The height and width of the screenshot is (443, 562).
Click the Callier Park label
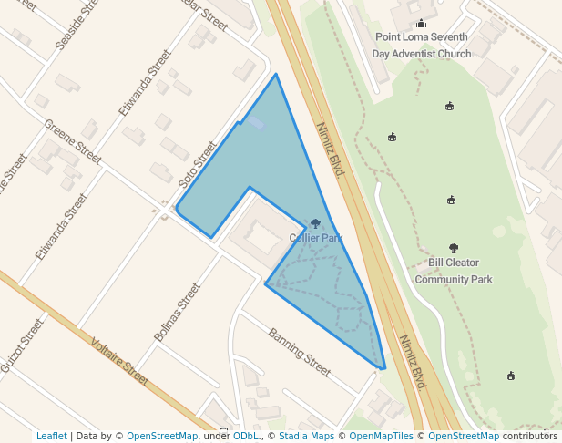[x=316, y=238]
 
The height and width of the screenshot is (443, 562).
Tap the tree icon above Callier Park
[x=315, y=223]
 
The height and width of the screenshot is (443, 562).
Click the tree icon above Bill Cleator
[x=454, y=248]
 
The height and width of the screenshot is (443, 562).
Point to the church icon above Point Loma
[x=421, y=24]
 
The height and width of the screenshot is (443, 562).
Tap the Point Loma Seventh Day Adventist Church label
[x=421, y=46]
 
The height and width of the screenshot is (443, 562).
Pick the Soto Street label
[x=198, y=164]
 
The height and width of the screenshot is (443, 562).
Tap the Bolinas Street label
[x=178, y=312]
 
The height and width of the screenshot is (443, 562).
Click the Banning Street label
[x=299, y=352]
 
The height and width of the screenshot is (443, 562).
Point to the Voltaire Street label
[x=119, y=361]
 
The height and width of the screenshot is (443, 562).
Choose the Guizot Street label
[x=22, y=345]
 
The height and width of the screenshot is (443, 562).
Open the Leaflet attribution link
[x=51, y=437]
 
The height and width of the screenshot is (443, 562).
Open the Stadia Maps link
[x=306, y=437]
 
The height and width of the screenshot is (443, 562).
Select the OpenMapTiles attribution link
[x=381, y=437]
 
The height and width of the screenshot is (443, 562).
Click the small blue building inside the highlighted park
[x=257, y=123]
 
